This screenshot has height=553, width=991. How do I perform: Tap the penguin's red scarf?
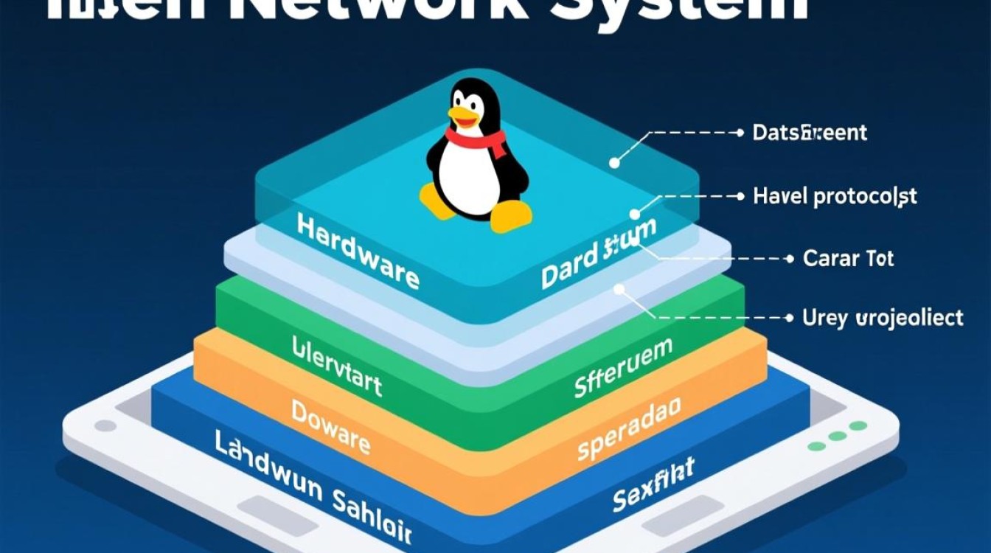(x=477, y=138)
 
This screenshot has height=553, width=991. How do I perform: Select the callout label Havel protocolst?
(x=835, y=196)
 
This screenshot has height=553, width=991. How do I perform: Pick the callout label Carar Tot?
(x=848, y=259)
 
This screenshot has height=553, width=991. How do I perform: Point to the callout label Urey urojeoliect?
(x=882, y=318)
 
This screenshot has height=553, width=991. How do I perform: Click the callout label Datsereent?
(x=810, y=133)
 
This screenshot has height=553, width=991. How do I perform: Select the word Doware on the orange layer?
(x=330, y=425)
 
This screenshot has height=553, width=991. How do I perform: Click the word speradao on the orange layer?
(x=629, y=428)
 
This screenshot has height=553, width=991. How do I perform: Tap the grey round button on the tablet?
(x=105, y=425)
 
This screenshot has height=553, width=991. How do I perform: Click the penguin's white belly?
(x=472, y=177)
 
